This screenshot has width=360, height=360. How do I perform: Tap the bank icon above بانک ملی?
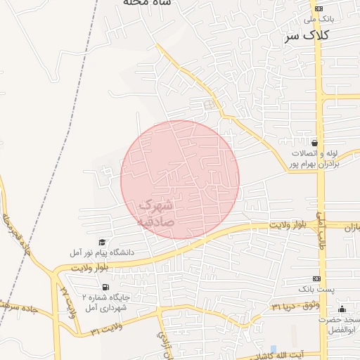click(319, 8)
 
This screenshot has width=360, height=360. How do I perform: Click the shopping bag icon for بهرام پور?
click(314, 142)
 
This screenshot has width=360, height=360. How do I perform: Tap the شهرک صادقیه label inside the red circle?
click(155, 212)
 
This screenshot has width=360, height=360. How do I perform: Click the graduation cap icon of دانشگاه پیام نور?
click(102, 242)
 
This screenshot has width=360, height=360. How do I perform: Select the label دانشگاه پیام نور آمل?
click(102, 252)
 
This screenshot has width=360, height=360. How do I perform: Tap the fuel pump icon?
click(106, 287)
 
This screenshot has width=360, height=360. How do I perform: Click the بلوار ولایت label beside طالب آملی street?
click(289, 225)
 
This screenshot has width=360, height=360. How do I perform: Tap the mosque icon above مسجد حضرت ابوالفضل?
click(342, 309)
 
